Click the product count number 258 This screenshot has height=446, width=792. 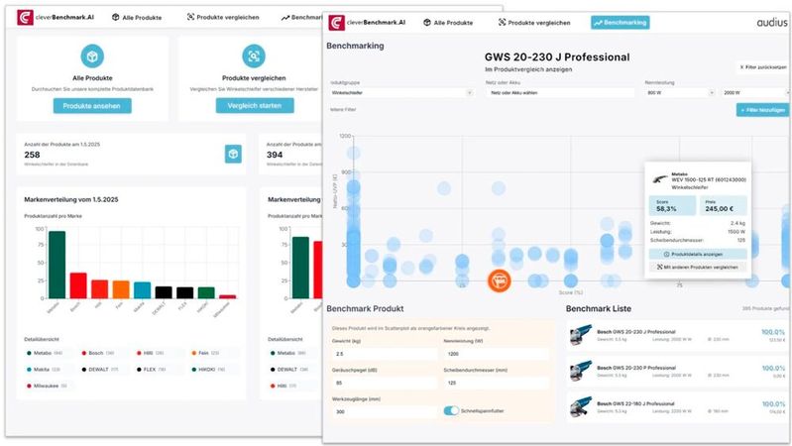(x=33, y=155)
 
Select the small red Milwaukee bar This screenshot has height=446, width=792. (x=227, y=295)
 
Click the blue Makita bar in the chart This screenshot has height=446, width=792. (x=143, y=289)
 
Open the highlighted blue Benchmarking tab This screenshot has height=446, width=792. (x=620, y=23)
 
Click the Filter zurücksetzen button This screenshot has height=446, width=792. (x=762, y=67)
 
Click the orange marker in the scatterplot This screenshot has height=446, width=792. (x=501, y=280)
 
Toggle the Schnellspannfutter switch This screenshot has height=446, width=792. (x=454, y=410)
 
